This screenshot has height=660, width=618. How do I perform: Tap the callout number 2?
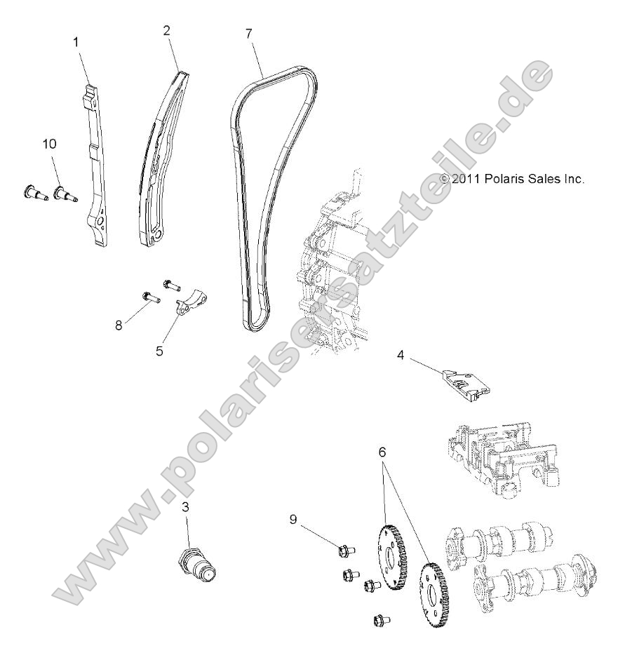(166, 30)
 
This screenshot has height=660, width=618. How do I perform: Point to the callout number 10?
(50, 144)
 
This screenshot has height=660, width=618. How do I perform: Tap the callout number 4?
(401, 356)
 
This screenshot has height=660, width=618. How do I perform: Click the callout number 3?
(186, 507)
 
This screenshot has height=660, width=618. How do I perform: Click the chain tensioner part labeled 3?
(201, 563)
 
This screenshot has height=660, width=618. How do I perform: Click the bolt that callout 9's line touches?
(345, 551)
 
